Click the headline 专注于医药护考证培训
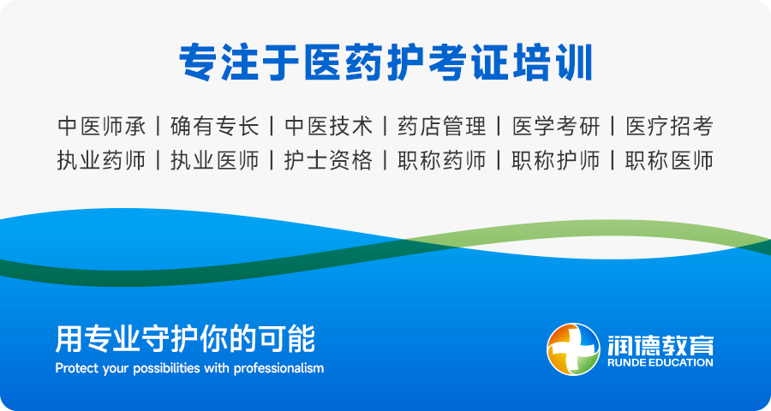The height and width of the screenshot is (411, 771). tap(385, 63)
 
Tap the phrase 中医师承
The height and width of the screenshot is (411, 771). tap(102, 127)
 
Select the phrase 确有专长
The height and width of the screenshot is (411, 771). tap(215, 127)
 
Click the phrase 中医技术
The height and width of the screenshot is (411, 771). tap(328, 127)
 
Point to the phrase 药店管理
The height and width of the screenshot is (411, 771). tap(442, 127)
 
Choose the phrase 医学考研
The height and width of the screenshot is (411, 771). tap(556, 127)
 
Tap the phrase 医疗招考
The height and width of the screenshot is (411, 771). tap(669, 127)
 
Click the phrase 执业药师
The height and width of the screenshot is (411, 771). tap(102, 161)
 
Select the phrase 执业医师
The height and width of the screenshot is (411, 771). tap(215, 161)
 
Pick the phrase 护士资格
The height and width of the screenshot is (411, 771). tap(328, 161)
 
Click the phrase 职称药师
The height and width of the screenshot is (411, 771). tap(442, 161)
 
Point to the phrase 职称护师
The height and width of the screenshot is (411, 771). tap(556, 161)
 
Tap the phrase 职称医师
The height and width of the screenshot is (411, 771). tap(669, 161)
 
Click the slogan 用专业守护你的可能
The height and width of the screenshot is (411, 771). tap(185, 339)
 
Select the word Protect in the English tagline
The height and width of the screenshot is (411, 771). tap(71, 367)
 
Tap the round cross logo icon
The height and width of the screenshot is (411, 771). tap(573, 349)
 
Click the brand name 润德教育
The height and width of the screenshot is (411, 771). tap(660, 345)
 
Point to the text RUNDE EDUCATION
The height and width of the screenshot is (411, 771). tap(660, 363)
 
